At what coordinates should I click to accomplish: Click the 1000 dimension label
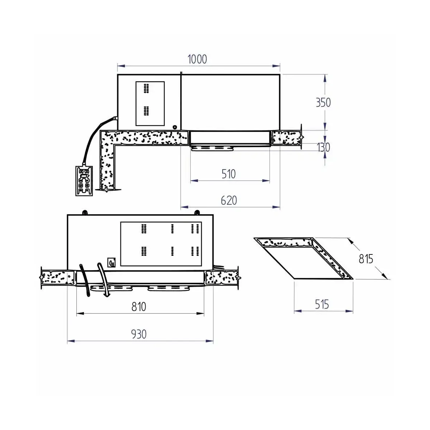197,59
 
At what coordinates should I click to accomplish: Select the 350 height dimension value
323,102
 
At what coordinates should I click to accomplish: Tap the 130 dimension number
323,147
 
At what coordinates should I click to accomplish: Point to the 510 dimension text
229,174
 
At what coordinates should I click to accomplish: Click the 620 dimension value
229,200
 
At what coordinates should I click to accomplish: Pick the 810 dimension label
139,307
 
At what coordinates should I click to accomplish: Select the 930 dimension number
139,334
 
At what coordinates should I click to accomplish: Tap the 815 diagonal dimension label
366,259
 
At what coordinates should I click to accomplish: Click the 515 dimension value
322,304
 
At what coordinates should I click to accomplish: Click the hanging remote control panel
84,181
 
